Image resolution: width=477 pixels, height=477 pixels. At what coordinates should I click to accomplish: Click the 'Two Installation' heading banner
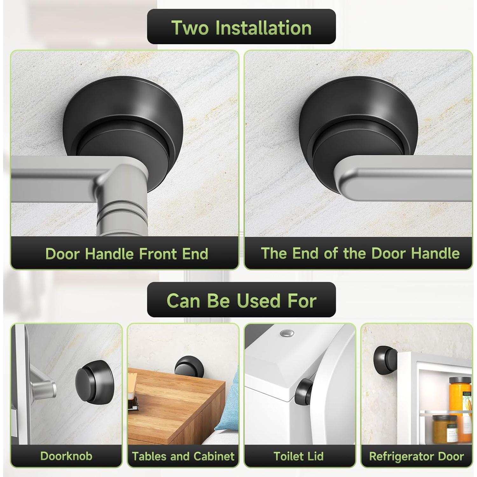(x=241, y=27)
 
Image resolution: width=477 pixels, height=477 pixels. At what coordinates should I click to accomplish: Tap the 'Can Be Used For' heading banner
(x=241, y=300)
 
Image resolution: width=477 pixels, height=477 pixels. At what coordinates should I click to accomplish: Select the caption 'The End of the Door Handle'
(x=360, y=253)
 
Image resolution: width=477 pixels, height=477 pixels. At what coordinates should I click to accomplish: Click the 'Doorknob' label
(x=66, y=456)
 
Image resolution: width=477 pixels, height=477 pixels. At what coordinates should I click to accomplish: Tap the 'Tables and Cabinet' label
(x=183, y=456)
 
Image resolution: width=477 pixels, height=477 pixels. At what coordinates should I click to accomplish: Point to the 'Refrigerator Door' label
(x=416, y=456)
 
